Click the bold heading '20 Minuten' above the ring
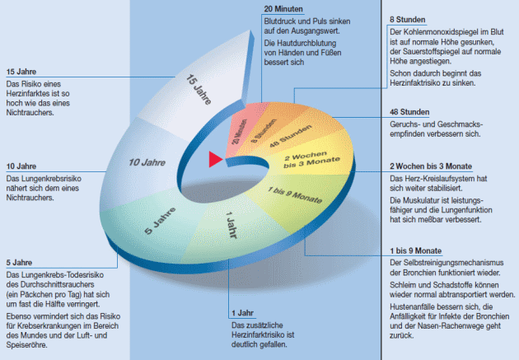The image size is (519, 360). (x=283, y=10)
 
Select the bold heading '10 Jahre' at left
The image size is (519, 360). (x=21, y=166)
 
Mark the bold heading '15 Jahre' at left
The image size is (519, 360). (x=21, y=70)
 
